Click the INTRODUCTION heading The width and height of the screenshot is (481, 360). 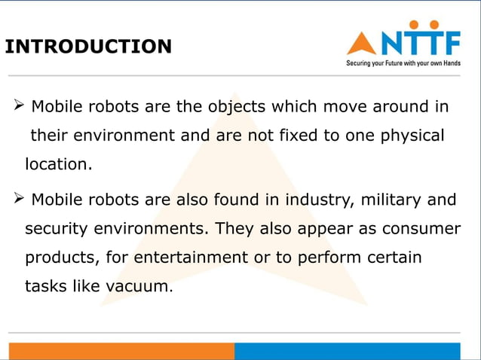pos(88,47)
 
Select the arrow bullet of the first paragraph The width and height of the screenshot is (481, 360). pos(20,106)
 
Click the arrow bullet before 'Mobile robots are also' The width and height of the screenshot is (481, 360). pos(20,200)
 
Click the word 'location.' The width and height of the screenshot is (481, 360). pos(59,163)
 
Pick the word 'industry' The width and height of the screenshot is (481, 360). pos(321,200)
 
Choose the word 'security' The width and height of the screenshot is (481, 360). pos(55,228)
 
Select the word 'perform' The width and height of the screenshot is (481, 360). pos(331,258)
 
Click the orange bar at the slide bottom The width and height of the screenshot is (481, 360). pos(121,351)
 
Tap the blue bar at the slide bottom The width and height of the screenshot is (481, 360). pos(347,351)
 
